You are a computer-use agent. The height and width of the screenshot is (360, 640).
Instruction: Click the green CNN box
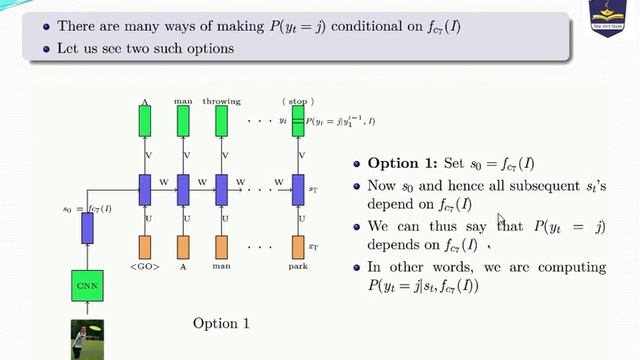click(87, 287)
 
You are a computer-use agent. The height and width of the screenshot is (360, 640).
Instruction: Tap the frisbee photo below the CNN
click(86, 337)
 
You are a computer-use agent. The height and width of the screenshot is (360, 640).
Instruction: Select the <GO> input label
click(146, 268)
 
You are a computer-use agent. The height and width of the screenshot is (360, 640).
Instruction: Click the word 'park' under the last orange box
click(297, 268)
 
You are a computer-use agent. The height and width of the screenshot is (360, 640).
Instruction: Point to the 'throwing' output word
click(221, 101)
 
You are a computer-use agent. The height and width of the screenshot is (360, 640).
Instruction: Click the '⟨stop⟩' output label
click(298, 101)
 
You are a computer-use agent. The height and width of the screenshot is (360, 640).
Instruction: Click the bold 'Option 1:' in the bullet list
click(400, 164)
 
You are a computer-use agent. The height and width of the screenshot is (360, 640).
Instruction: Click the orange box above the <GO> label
click(145, 246)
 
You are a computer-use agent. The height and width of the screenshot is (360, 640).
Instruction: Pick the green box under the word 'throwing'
click(221, 122)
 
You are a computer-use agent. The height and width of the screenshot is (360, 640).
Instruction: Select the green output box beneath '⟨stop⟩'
click(297, 122)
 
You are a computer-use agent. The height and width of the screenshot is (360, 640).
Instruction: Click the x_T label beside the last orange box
click(312, 246)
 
